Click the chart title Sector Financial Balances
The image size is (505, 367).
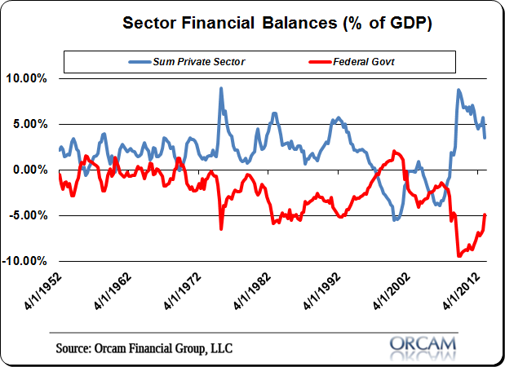(x=277, y=22)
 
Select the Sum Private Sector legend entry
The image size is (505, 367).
(x=190, y=61)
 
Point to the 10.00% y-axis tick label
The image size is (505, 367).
(x=26, y=78)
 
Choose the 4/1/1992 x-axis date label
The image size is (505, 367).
(x=325, y=291)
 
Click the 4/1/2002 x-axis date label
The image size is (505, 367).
(x=396, y=291)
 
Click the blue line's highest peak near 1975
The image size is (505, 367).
(x=221, y=88)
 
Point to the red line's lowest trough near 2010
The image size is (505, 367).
(x=458, y=256)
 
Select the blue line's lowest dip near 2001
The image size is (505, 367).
(x=395, y=220)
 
